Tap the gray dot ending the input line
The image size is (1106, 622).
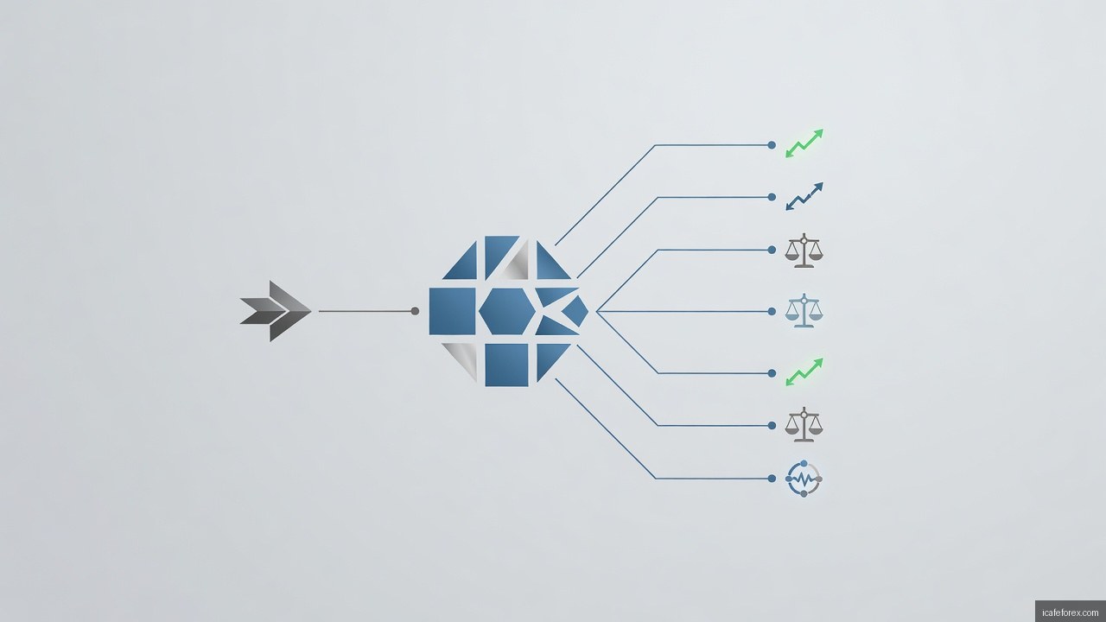pos(415,311)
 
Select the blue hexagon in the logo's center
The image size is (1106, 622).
pos(507,312)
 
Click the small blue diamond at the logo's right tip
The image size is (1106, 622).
pos(575,312)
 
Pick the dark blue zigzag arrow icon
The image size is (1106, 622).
pos(804,196)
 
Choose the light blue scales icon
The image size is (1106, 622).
pos(804,310)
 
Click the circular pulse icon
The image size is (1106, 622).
pos(804,479)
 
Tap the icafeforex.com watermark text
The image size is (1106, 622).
pos(1070,612)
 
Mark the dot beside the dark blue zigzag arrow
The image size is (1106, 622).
pos(772,197)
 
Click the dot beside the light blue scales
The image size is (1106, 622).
pos(772,312)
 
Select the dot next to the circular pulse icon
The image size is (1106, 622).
pos(772,479)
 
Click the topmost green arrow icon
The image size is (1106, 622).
pos(804,143)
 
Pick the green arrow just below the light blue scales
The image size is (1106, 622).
pos(804,372)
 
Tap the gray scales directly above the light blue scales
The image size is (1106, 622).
pos(804,251)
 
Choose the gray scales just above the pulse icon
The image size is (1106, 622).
pos(804,424)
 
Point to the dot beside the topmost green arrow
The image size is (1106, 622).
pos(772,145)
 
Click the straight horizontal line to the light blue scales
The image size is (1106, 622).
pos(683,312)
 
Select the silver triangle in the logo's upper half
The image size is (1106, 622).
pos(517,262)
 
